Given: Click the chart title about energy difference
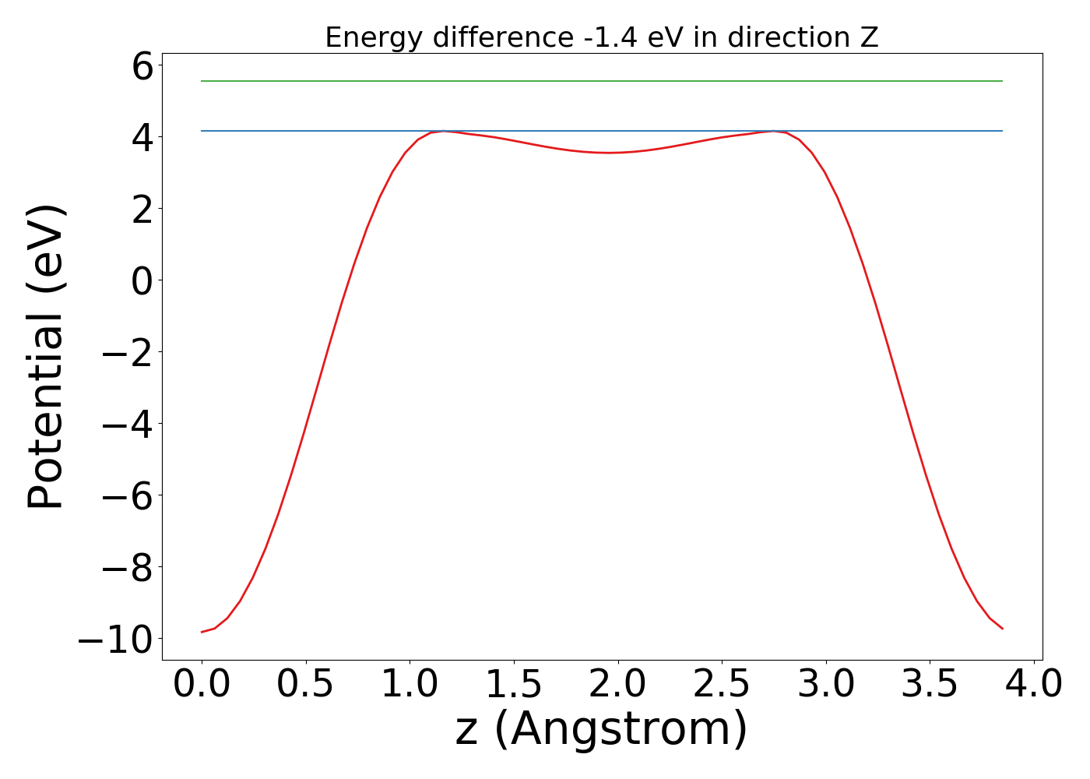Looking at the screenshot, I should [x=601, y=37].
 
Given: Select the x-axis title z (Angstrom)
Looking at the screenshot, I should [x=601, y=729].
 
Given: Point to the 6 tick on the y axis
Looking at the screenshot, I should [x=142, y=67].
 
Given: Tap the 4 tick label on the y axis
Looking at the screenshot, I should [x=142, y=138].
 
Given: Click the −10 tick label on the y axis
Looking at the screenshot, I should [x=114, y=640].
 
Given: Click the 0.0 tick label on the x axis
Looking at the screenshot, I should [x=202, y=685].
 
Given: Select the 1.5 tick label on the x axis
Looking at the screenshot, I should [x=514, y=685].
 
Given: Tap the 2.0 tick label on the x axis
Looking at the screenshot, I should [x=617, y=685].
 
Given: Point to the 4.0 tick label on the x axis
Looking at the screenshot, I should [x=1033, y=685].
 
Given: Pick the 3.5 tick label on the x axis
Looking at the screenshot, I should [x=930, y=685].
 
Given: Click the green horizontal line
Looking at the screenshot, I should [x=601, y=81].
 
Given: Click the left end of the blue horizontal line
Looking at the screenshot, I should [x=202, y=131].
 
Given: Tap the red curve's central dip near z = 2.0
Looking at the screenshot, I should [x=610, y=153].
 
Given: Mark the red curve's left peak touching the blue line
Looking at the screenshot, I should [x=444, y=131].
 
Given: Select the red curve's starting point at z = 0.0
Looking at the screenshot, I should [x=202, y=632].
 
